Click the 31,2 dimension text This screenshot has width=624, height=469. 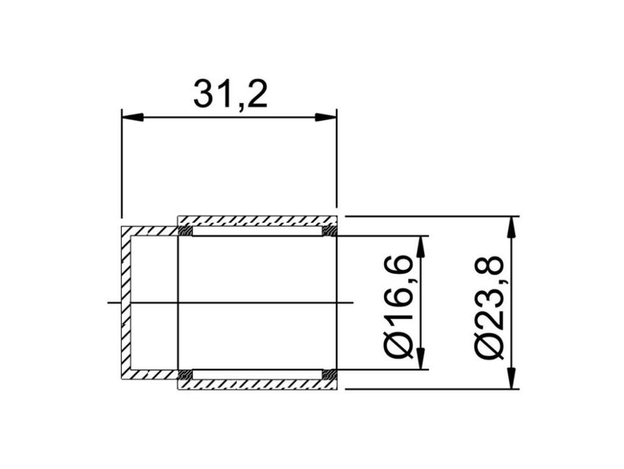tap(230, 94)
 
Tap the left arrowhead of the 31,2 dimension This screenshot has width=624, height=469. tap(132, 118)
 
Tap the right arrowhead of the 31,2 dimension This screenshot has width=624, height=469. tap(326, 118)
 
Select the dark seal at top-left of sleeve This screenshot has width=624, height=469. tap(185, 231)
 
